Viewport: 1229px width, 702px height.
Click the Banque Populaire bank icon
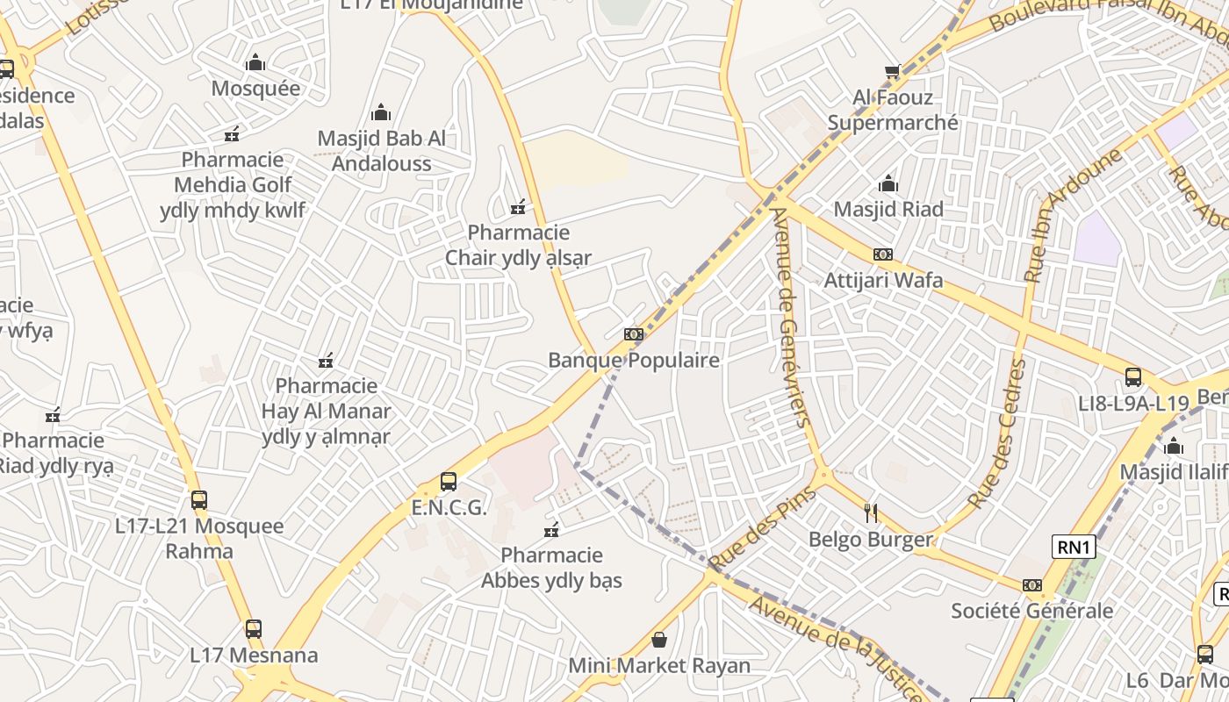pyautogui.click(x=634, y=334)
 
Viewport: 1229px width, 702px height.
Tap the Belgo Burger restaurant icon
pyautogui.click(x=871, y=513)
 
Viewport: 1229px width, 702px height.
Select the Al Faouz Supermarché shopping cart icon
pyautogui.click(x=893, y=71)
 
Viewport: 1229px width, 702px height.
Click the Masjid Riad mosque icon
pyautogui.click(x=888, y=184)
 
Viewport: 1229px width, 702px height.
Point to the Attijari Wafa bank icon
pyautogui.click(x=883, y=254)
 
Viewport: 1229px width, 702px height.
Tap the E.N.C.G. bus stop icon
pyautogui.click(x=449, y=482)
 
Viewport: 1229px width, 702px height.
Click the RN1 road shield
pyautogui.click(x=1074, y=548)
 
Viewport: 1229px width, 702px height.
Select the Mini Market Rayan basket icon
pyautogui.click(x=659, y=641)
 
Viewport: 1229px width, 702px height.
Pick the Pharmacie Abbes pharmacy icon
pyautogui.click(x=551, y=530)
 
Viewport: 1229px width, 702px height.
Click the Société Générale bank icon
pyautogui.click(x=1032, y=585)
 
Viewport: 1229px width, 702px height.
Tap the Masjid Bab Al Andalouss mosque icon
pyautogui.click(x=381, y=112)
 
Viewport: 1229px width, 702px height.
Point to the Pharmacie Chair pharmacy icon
pyautogui.click(x=519, y=207)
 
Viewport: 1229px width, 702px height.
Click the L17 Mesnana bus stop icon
pyautogui.click(x=254, y=629)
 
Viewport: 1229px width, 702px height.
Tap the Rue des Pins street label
pyautogui.click(x=762, y=528)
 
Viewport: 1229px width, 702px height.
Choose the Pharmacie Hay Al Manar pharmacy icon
pyautogui.click(x=326, y=361)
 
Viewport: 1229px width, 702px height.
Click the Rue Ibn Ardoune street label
pyautogui.click(x=1073, y=216)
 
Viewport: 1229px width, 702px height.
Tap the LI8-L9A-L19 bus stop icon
pyautogui.click(x=1133, y=378)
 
